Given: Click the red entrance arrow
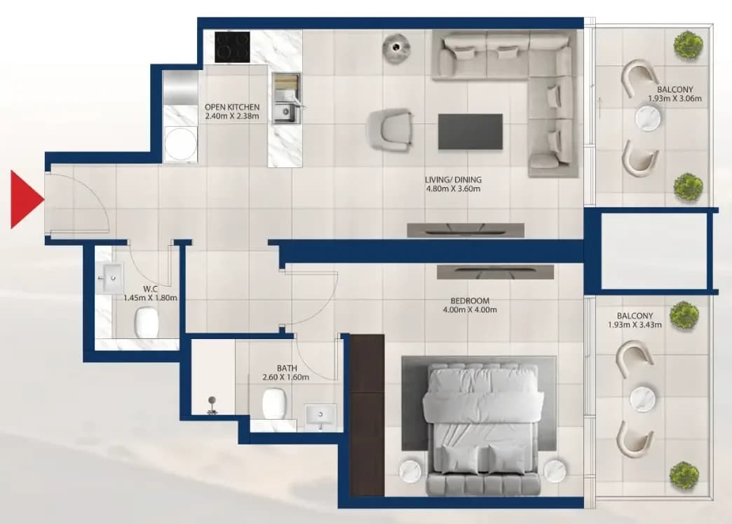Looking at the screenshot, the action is click(x=26, y=200).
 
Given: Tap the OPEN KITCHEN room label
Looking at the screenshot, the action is click(x=232, y=107).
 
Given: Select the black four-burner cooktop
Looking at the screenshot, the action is click(x=232, y=47).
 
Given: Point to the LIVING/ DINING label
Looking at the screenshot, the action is click(x=453, y=179).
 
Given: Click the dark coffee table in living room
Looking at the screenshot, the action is click(x=470, y=132).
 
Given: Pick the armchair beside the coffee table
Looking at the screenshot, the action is click(x=391, y=130).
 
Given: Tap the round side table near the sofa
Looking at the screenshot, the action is click(x=396, y=47).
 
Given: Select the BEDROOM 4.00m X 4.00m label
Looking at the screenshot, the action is click(x=470, y=305).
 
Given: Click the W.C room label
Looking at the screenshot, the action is click(x=150, y=289).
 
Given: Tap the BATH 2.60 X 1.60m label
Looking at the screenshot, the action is click(x=286, y=373).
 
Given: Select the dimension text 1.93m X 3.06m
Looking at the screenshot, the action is click(x=675, y=99).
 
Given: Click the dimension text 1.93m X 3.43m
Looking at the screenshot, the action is click(x=635, y=325).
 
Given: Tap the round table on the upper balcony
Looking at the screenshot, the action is click(x=648, y=118).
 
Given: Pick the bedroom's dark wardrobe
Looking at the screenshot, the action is click(x=367, y=415).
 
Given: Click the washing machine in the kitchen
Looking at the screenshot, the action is click(x=180, y=144).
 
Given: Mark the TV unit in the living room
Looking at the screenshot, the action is click(x=466, y=230).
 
